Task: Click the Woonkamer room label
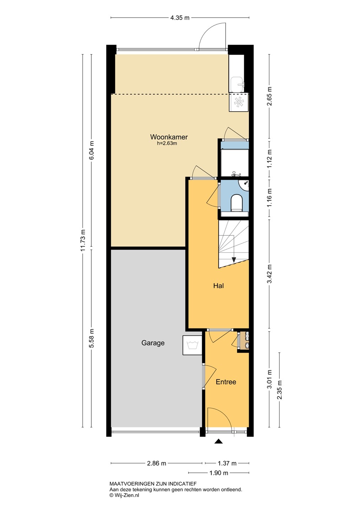(169, 137)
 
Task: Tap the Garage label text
(153, 343)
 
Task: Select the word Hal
(218, 286)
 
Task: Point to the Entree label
(226, 382)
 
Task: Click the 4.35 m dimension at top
(180, 18)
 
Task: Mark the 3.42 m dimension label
(270, 274)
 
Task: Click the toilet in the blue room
(236, 203)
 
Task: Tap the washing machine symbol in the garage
(192, 345)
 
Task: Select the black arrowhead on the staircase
(234, 260)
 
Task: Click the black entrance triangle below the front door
(218, 441)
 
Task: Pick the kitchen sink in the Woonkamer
(237, 84)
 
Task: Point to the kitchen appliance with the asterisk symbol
(239, 102)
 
